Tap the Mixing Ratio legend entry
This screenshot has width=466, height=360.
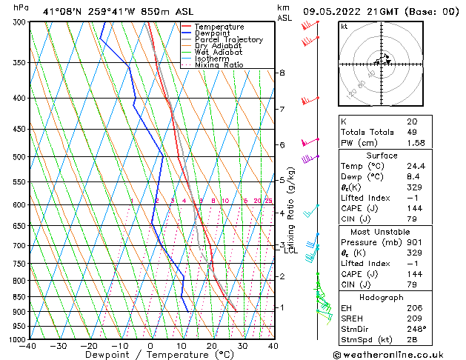tap(219, 65)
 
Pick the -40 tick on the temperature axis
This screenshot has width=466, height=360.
tap(29, 346)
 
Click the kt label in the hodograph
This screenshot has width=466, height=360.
tap(344, 27)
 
